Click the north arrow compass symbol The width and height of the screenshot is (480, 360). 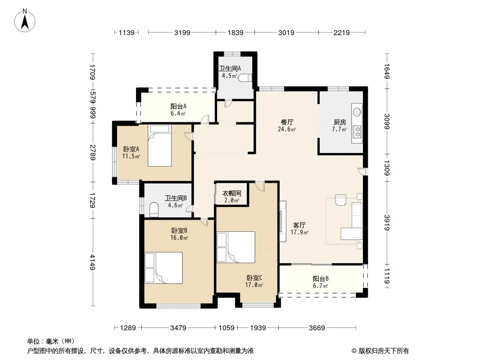(x=25, y=20)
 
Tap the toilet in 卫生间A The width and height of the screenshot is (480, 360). (x=245, y=78)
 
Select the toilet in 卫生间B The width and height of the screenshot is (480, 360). (x=154, y=209)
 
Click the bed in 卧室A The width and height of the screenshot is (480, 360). (x=159, y=146)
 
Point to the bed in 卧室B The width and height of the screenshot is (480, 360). (x=163, y=268)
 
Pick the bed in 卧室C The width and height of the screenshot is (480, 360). (x=235, y=247)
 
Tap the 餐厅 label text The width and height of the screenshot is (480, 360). (x=287, y=122)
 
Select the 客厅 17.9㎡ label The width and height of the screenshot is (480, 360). (x=299, y=229)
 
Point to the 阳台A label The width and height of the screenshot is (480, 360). (x=178, y=107)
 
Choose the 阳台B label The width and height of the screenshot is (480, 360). (x=321, y=279)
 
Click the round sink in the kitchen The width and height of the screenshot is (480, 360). (x=357, y=111)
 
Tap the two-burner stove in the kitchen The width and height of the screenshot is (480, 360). (x=357, y=132)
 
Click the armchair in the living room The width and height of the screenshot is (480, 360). (x=340, y=200)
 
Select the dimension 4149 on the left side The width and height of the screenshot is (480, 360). (x=92, y=263)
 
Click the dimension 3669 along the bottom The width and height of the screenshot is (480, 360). (x=317, y=328)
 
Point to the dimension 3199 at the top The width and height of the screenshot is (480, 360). (x=182, y=32)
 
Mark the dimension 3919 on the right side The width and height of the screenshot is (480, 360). (x=387, y=223)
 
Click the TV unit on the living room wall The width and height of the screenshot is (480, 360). (x=283, y=221)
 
